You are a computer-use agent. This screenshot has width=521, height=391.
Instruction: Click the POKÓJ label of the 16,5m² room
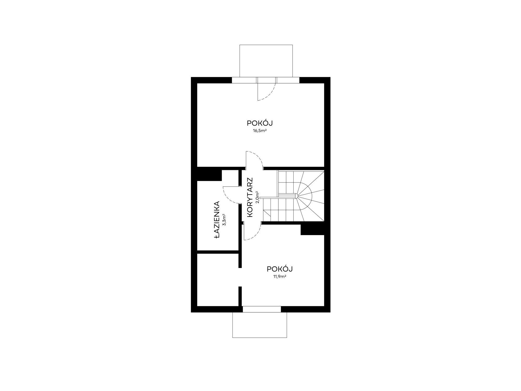click(x=260, y=123)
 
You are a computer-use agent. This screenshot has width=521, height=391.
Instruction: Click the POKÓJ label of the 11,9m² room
click(x=280, y=269)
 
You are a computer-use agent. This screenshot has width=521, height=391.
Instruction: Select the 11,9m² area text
click(x=280, y=277)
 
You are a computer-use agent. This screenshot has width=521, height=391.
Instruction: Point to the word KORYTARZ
click(x=250, y=197)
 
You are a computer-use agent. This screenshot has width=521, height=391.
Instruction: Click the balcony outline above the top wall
click(x=266, y=45)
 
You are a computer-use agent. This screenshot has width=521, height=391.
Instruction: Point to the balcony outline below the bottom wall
click(x=259, y=338)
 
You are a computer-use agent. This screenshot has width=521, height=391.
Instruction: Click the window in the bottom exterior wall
click(x=262, y=309)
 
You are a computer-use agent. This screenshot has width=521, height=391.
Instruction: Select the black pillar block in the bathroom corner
click(x=209, y=175)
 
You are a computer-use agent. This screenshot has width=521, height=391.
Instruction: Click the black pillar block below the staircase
click(x=312, y=230)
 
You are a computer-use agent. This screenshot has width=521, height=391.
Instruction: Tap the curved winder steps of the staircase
click(x=310, y=195)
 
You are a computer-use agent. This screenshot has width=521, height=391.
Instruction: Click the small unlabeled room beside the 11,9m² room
click(x=218, y=279)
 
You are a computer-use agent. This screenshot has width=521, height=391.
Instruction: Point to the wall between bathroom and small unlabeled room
click(x=218, y=252)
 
